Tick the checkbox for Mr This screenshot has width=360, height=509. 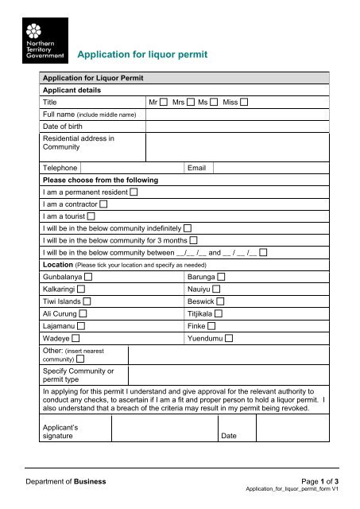tap(163, 103)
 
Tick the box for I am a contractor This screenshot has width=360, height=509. tap(104, 204)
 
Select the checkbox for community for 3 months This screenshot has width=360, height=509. tap(194, 239)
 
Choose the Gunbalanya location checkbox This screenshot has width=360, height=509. tap(87, 276)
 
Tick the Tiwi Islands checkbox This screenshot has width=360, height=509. tap(87, 301)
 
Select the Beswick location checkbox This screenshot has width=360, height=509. tap(220, 301)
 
